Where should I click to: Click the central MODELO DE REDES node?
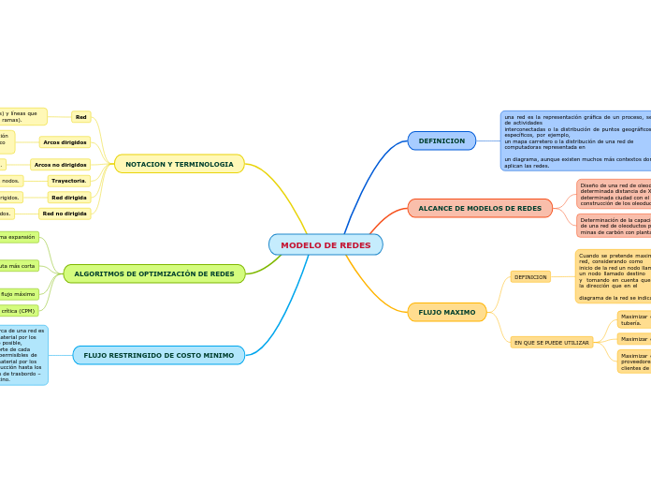(x=325, y=245)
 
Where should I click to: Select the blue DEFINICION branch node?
(x=441, y=140)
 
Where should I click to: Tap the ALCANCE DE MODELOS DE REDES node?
(x=480, y=208)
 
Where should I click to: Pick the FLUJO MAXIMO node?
(x=447, y=312)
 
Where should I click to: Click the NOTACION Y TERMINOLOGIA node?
(x=180, y=164)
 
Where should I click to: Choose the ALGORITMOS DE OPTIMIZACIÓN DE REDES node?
(x=154, y=273)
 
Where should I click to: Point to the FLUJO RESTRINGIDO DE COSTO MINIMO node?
(x=159, y=355)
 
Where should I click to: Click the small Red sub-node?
(x=81, y=117)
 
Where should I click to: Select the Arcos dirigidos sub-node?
(x=65, y=142)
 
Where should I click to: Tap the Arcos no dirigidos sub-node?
(x=61, y=165)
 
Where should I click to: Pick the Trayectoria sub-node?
(x=69, y=181)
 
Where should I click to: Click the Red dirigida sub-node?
(x=69, y=198)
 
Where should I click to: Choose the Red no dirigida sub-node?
(x=65, y=214)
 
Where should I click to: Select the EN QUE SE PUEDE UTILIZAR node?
(x=552, y=343)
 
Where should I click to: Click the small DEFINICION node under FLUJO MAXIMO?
(x=530, y=277)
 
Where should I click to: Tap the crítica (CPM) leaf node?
(x=19, y=311)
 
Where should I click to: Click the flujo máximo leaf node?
(x=19, y=294)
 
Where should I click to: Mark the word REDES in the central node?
(x=354, y=245)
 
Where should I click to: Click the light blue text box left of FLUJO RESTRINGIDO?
(x=22, y=355)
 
